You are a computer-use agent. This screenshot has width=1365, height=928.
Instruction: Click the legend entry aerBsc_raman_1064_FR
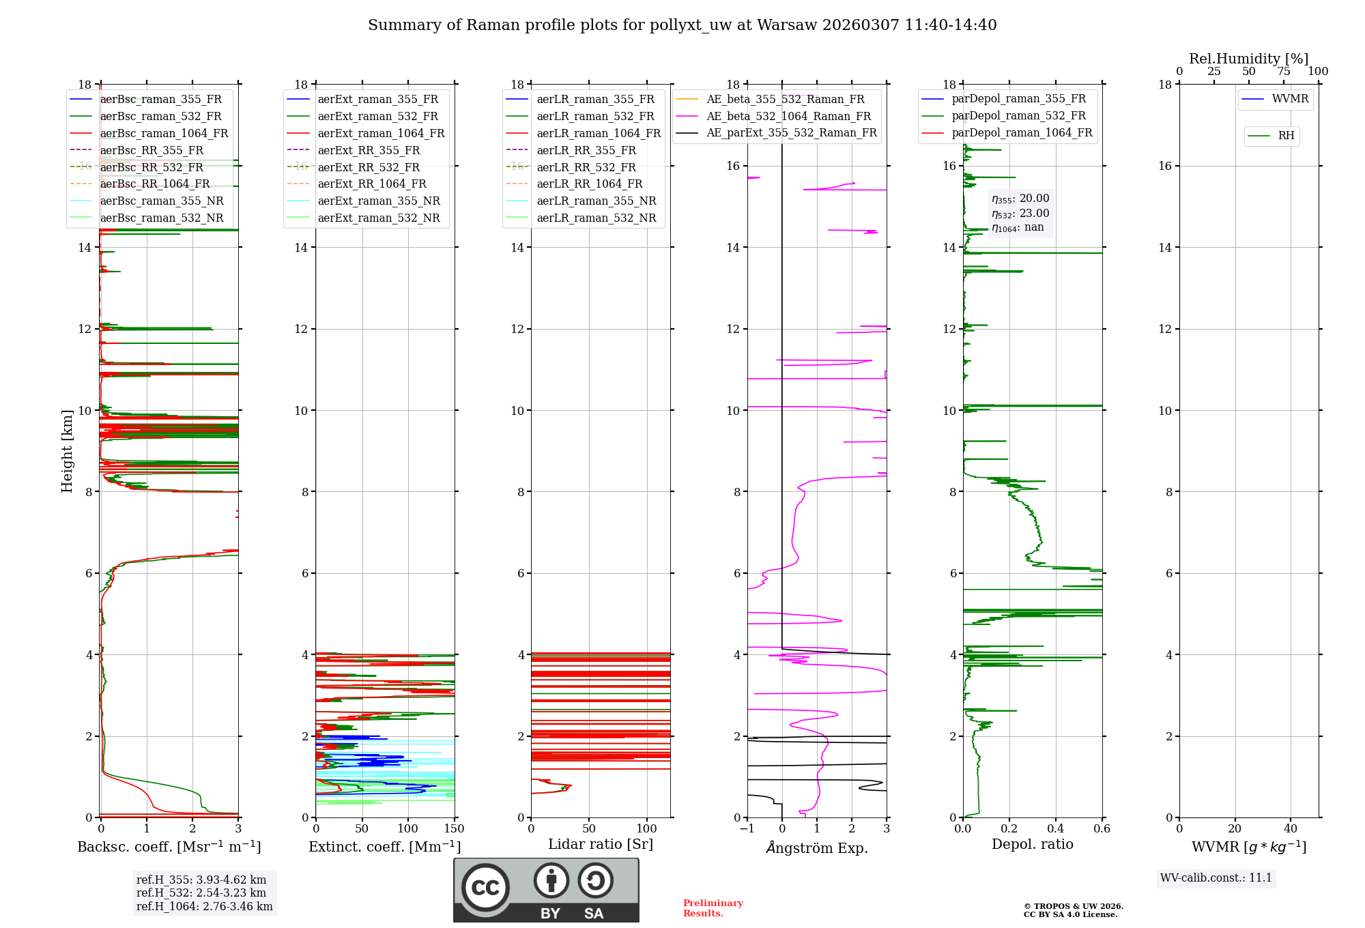tap(164, 133)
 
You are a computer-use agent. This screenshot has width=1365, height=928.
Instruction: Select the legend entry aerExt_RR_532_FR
tap(369, 167)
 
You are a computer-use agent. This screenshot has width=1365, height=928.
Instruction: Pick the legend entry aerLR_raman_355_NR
tap(596, 201)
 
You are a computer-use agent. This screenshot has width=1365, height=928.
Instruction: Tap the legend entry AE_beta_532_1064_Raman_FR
tap(788, 116)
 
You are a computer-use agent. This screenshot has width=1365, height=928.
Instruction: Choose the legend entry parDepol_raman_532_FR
tap(1018, 116)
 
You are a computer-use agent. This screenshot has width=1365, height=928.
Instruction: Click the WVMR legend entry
tap(1290, 99)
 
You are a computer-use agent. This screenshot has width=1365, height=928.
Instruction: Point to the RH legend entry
tap(1286, 136)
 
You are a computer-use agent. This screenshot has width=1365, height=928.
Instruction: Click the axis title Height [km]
tap(67, 450)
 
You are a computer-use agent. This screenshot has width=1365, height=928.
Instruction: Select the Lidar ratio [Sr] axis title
tap(601, 844)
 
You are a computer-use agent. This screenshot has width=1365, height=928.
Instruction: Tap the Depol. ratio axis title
tap(1032, 844)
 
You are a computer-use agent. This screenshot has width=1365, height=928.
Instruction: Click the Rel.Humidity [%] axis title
tap(1248, 59)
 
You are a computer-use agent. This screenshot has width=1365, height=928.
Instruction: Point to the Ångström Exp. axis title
tap(817, 847)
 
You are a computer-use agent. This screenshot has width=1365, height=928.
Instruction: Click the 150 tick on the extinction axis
tap(454, 829)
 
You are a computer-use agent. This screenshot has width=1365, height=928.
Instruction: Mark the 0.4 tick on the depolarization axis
tap(1055, 829)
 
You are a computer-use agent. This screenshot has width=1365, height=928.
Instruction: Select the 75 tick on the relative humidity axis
tap(1284, 72)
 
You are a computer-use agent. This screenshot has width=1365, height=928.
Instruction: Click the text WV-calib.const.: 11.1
tap(1216, 878)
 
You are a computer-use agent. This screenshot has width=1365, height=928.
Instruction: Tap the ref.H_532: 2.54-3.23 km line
tap(201, 893)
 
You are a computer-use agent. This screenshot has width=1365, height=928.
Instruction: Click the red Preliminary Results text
tap(713, 908)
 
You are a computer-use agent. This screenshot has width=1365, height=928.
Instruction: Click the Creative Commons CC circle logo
tap(485, 887)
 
